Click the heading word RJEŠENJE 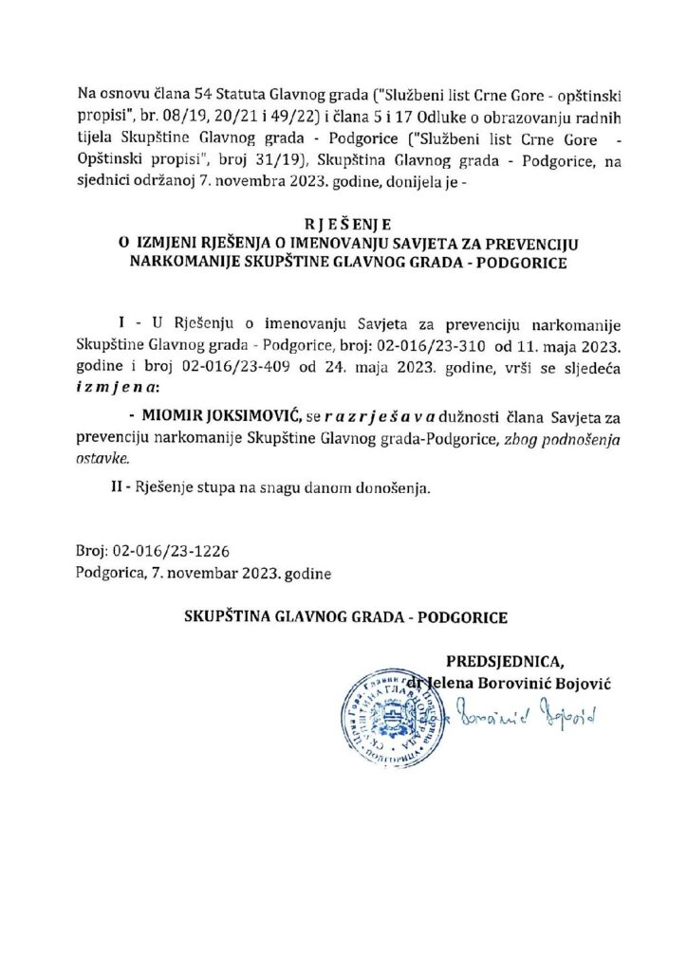pyautogui.click(x=343, y=226)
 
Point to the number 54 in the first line pyautogui.click(x=194, y=94)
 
